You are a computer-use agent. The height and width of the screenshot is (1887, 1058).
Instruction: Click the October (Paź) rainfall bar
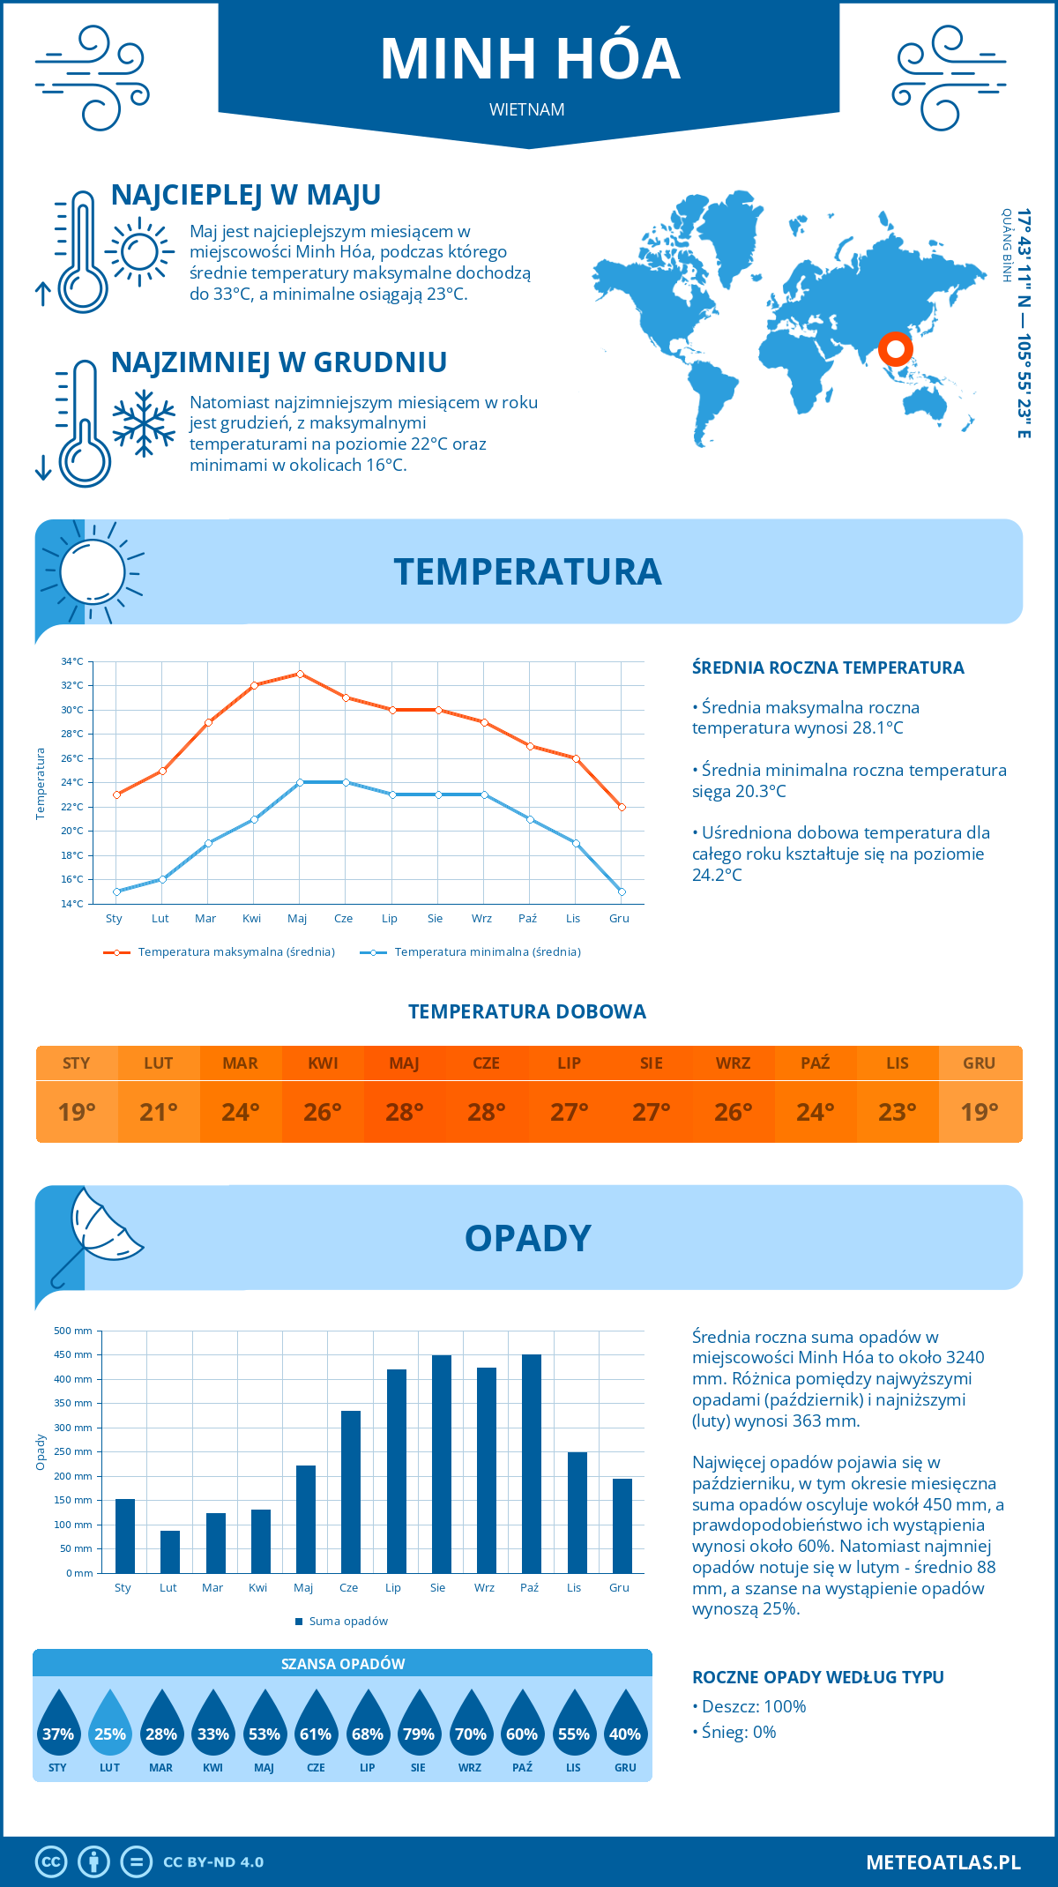[531, 1464]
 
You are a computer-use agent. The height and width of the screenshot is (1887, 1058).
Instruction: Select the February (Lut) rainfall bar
[169, 1552]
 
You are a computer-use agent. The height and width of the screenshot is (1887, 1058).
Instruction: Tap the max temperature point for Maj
[300, 674]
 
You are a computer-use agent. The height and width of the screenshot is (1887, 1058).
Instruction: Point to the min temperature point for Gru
[622, 891]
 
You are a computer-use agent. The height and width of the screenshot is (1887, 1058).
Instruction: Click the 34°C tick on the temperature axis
[72, 661]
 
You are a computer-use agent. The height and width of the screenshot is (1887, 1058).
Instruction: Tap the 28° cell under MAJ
[405, 1112]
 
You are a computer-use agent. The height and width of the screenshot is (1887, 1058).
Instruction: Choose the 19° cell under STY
[77, 1112]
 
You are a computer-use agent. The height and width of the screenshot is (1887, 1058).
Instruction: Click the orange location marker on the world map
[895, 349]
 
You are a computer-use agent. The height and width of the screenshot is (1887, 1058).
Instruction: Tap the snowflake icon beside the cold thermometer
[144, 423]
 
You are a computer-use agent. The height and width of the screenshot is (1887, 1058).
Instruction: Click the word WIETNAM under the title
[527, 110]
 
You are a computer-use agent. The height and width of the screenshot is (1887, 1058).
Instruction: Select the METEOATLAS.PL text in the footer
[943, 1862]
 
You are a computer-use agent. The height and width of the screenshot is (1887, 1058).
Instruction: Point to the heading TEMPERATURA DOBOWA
[527, 1011]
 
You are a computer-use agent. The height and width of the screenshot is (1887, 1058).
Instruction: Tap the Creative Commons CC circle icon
[51, 1862]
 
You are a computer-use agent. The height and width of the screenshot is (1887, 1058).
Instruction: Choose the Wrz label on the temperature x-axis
[481, 919]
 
